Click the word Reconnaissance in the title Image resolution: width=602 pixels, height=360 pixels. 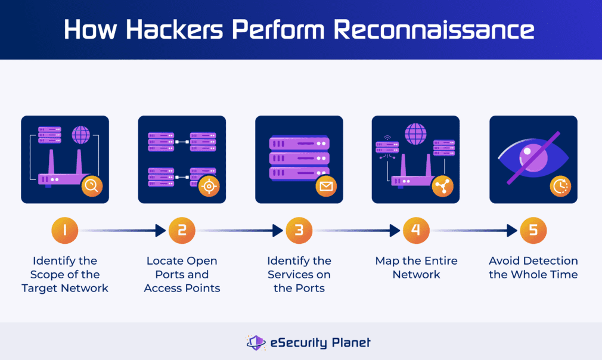point(434,30)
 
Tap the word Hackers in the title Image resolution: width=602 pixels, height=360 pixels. point(174,30)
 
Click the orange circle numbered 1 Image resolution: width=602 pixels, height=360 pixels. point(65,230)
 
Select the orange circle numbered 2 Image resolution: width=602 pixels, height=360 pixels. point(182,230)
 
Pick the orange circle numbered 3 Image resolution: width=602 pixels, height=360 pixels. point(299,230)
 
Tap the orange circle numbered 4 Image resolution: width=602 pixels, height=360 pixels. point(416,230)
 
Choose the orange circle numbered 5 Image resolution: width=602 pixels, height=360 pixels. point(533,230)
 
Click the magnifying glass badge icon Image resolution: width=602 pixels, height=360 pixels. point(92,186)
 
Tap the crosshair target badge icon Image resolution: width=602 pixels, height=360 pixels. point(209,186)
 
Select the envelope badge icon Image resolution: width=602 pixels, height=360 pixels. point(326,186)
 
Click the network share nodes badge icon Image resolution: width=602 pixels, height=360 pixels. point(443,186)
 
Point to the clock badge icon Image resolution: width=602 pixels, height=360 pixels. point(560,186)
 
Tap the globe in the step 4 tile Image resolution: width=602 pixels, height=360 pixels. point(415,134)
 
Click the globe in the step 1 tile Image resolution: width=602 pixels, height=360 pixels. point(81,135)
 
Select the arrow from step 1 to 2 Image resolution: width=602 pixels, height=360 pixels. point(123,231)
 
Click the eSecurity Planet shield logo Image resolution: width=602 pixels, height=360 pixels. point(256,342)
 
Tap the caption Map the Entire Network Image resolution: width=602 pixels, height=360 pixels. point(416,268)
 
